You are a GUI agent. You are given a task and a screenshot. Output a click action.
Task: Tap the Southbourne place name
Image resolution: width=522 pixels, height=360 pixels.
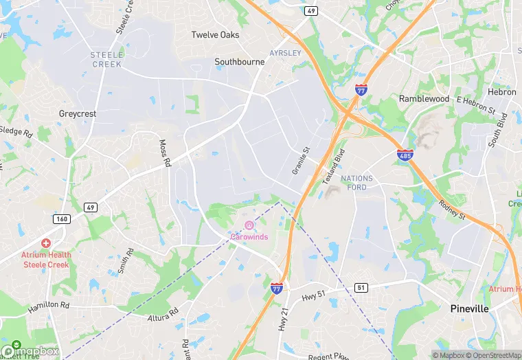[239, 62]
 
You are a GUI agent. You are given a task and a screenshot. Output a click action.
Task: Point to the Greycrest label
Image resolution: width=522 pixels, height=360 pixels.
[78, 113]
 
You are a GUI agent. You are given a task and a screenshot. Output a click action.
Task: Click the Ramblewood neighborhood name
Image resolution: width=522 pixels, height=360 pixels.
[424, 99]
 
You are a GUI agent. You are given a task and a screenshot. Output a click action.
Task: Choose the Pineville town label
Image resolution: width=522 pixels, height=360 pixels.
[469, 309]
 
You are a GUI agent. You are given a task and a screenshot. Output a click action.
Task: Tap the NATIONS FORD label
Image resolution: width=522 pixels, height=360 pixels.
[356, 183]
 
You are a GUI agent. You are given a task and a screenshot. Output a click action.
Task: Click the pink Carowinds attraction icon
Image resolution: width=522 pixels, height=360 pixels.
[249, 225]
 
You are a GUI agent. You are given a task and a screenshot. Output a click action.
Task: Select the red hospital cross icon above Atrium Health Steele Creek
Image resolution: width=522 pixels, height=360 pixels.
[46, 243]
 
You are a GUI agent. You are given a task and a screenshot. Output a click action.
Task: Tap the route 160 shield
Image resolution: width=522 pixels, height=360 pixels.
[61, 219]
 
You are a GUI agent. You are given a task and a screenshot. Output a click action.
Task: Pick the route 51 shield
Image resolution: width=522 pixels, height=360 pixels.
[360, 287]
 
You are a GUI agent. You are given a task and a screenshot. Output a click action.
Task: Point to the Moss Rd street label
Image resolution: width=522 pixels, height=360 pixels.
[165, 154]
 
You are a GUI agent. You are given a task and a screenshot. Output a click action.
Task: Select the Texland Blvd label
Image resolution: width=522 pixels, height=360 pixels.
[332, 169]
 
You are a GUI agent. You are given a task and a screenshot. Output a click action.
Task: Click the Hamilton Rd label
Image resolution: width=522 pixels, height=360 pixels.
[49, 307]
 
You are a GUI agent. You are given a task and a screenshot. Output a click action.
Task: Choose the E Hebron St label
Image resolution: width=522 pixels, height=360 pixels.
[476, 104]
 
